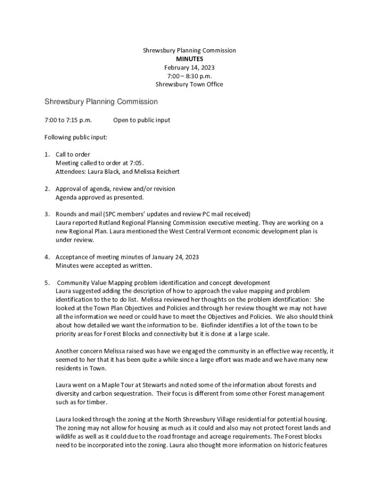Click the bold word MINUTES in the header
click(189, 59)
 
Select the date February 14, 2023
click(189, 67)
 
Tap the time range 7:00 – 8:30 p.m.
click(189, 76)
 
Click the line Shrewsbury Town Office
click(189, 84)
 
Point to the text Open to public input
click(142, 120)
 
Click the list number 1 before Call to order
click(47, 155)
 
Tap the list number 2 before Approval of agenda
click(47, 189)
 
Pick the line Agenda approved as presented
click(99, 197)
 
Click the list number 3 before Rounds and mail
click(47, 214)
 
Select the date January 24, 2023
click(172, 257)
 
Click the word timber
click(92, 402)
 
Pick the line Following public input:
click(76, 137)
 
